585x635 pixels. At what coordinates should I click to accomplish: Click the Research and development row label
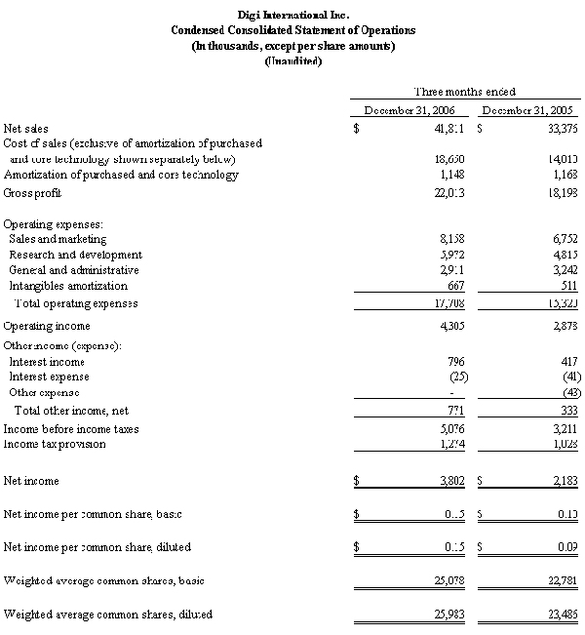[x=75, y=255]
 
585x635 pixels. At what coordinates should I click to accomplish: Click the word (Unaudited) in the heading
[x=292, y=61]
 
